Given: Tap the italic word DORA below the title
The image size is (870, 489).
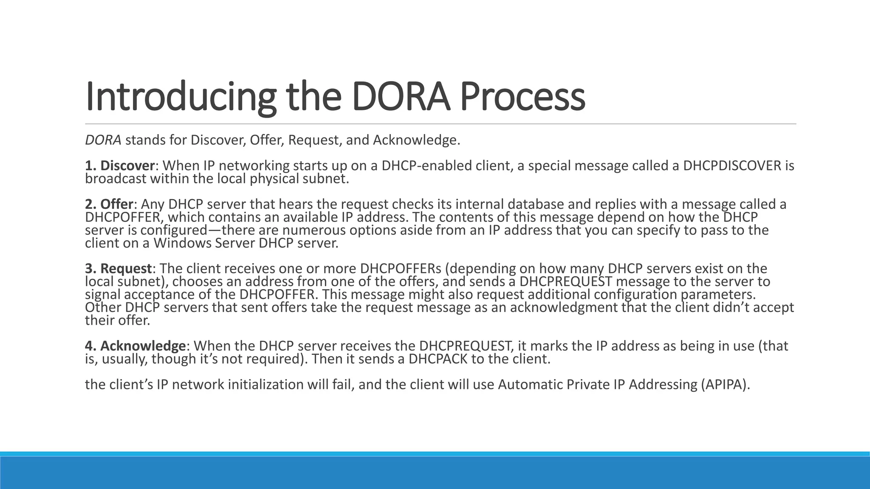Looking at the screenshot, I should [x=103, y=140].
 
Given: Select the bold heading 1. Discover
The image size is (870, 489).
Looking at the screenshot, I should [x=120, y=166].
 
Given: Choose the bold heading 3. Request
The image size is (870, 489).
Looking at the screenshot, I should [x=119, y=269].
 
